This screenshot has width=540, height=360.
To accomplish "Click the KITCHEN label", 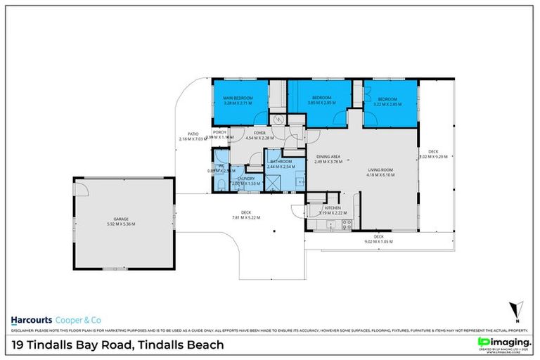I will (x=333, y=207).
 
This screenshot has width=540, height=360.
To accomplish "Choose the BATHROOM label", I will (x=282, y=161).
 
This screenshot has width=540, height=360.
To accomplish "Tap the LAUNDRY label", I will (x=245, y=178).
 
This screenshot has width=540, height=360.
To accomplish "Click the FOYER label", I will (x=259, y=132).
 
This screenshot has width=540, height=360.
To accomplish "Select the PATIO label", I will (x=193, y=134).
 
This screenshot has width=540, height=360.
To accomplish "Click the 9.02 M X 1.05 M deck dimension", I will (x=378, y=241).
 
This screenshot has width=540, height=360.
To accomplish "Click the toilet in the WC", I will (x=221, y=184).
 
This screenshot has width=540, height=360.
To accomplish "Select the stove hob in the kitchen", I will (x=345, y=225).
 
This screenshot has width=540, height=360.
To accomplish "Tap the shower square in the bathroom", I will (x=271, y=182).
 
